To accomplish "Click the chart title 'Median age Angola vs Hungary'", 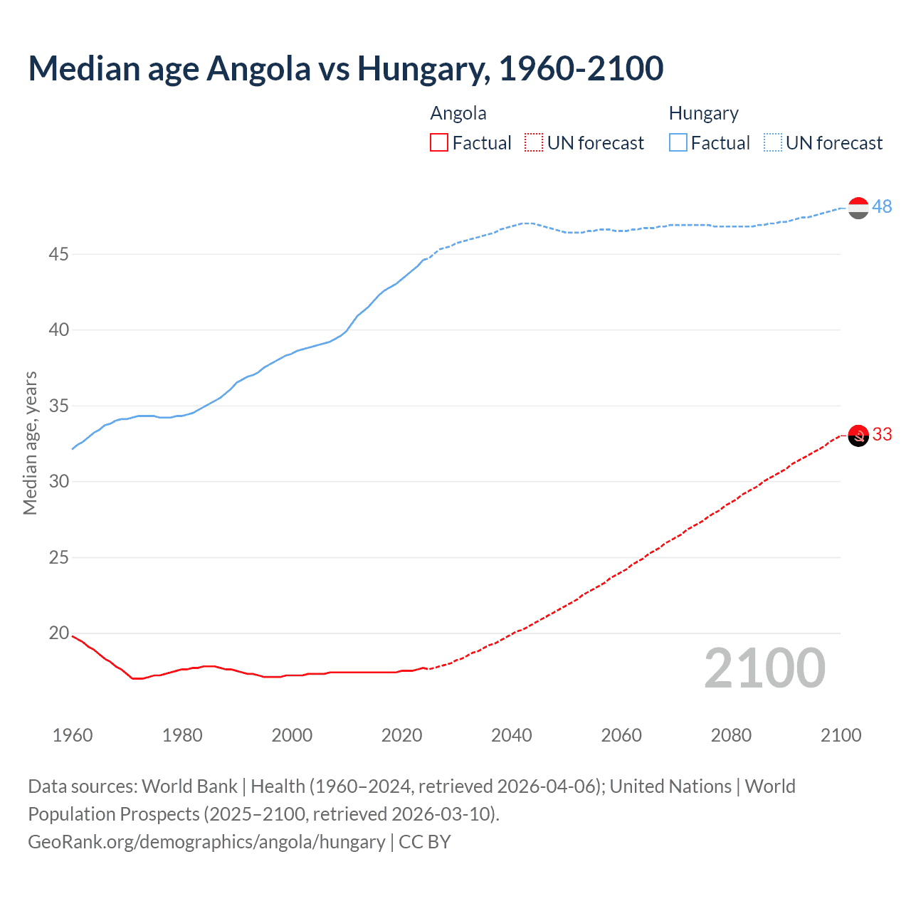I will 346,68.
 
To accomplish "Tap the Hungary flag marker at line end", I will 858,208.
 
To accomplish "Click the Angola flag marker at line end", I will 858,436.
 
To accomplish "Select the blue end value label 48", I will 882,206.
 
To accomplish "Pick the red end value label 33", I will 882,434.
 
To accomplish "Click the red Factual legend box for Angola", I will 439,143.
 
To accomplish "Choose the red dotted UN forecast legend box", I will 534,143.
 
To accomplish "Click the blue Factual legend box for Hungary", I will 678,143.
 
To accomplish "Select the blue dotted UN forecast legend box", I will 773,143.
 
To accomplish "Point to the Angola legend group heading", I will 458,113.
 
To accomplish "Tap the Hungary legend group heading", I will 703,113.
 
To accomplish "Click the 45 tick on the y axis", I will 58,254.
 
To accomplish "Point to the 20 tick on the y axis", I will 58,633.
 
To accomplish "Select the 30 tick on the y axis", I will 58,481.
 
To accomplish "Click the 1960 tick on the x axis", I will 73,735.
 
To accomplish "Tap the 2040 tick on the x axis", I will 512,735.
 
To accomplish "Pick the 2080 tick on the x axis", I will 731,735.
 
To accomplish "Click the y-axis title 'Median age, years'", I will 30,443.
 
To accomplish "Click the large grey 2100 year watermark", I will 764,668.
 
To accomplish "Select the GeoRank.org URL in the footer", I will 206,842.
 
